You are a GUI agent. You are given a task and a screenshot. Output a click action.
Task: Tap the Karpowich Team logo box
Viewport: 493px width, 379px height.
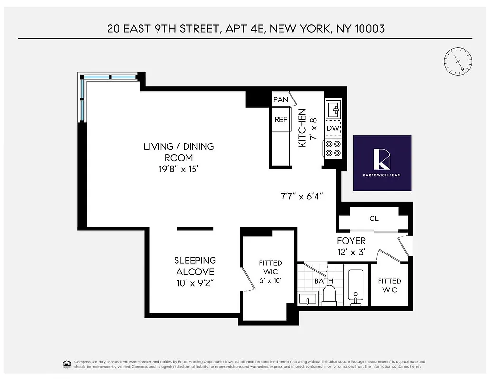coord(382,163)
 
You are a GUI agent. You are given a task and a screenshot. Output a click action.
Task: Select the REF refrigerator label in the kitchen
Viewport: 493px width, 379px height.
coord(280,120)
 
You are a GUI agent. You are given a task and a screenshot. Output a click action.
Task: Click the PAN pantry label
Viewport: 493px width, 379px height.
coord(280,100)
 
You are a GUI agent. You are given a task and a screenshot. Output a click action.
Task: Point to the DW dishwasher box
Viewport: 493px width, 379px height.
coord(332,128)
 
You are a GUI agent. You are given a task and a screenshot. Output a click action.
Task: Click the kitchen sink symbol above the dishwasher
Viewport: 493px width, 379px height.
coord(333,109)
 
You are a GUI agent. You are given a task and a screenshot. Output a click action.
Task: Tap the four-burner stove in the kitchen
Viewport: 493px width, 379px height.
coord(332,149)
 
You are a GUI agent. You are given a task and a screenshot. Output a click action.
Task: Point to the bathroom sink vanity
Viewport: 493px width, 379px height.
coord(308,299)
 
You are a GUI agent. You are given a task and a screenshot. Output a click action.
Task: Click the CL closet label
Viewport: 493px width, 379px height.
coord(373,219)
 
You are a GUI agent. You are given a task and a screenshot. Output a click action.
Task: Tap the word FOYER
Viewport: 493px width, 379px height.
coord(351,241)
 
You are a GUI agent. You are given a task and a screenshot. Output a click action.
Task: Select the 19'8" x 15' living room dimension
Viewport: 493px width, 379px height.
coord(178,169)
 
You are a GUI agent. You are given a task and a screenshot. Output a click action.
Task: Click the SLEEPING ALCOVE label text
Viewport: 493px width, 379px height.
coord(195,266)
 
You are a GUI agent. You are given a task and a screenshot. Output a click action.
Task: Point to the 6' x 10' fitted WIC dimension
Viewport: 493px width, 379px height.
coord(270,281)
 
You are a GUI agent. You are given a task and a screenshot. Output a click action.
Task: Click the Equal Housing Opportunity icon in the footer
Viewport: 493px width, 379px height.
coord(66,364)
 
